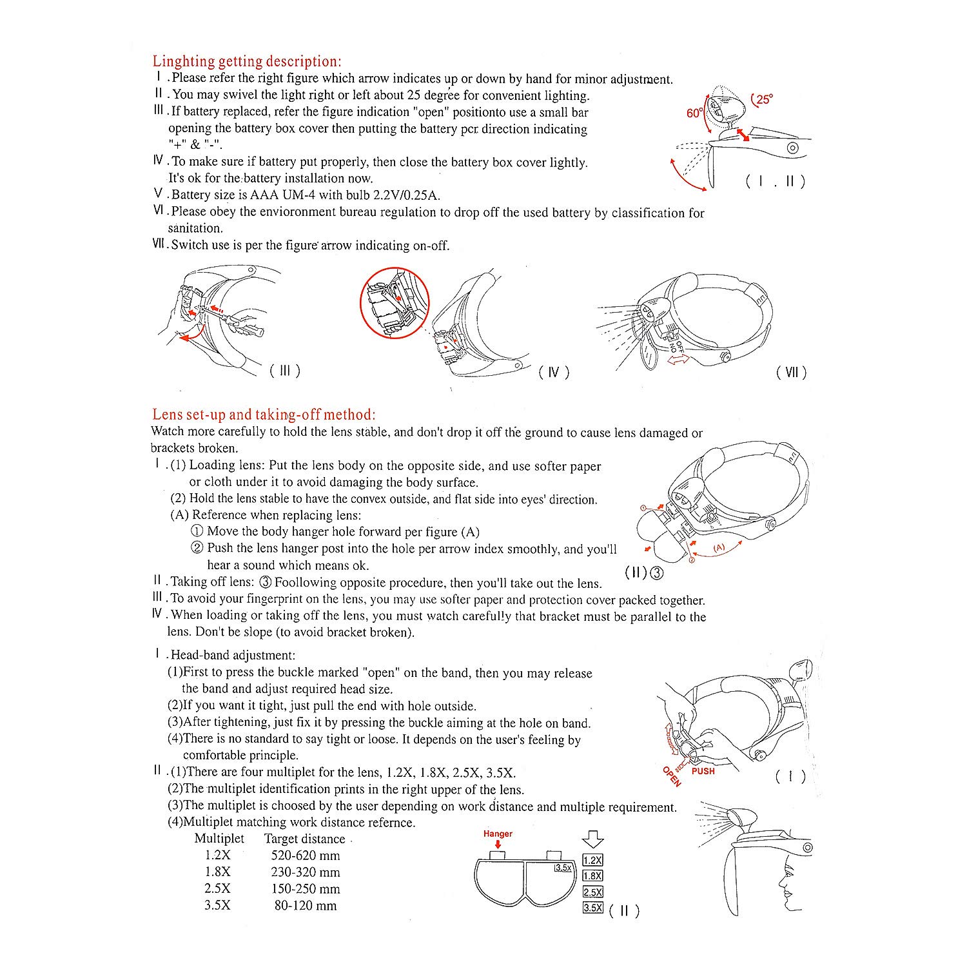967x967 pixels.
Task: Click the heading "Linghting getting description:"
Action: pyautogui.click(x=247, y=62)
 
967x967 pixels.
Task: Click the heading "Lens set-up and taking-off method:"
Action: pyautogui.click(x=264, y=415)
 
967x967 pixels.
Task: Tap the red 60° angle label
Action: pyautogui.click(x=694, y=113)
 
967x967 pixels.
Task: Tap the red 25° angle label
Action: pyautogui.click(x=763, y=99)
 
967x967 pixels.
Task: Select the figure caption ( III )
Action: pyautogui.click(x=284, y=371)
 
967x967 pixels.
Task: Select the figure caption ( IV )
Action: pyautogui.click(x=554, y=372)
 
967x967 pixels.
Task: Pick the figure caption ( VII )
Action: pyautogui.click(x=791, y=372)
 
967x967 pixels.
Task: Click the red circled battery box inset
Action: pyautogui.click(x=394, y=303)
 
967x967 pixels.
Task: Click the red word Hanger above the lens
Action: pyautogui.click(x=498, y=834)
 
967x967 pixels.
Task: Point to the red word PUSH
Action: pyautogui.click(x=703, y=771)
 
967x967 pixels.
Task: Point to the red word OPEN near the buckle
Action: pyautogui.click(x=672, y=776)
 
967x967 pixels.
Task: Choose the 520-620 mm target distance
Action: pyautogui.click(x=306, y=855)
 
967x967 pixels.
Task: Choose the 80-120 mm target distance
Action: pyautogui.click(x=306, y=906)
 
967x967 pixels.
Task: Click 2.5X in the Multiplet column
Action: pyautogui.click(x=217, y=889)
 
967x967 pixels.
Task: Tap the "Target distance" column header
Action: pyautogui.click(x=304, y=839)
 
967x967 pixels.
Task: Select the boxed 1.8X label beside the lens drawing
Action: pyautogui.click(x=592, y=875)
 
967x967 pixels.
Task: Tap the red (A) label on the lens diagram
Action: pyautogui.click(x=719, y=547)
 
